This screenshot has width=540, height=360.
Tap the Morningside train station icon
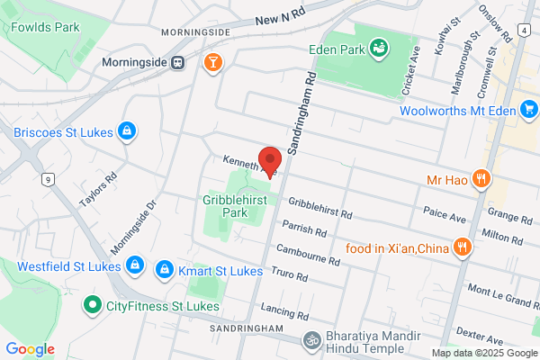[179, 63]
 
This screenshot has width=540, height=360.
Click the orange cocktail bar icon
[212, 62]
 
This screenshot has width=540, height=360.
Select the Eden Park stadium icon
[379, 45]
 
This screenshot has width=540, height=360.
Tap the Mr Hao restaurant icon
[482, 179]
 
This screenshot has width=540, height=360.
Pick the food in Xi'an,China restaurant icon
[463, 247]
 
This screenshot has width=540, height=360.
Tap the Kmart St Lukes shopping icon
[165, 269]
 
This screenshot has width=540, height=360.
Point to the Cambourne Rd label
[308, 255]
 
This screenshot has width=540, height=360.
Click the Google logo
[31, 349]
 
